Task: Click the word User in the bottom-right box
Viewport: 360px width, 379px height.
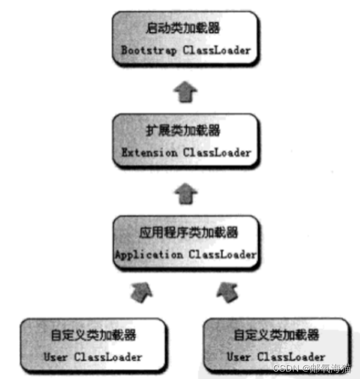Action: coord(239,357)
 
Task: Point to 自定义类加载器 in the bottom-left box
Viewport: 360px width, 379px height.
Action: coord(94,336)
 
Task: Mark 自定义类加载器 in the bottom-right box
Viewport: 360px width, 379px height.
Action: coord(277,336)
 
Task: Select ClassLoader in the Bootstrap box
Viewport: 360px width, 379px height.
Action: coord(217,50)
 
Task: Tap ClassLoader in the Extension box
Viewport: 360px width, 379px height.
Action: coord(217,152)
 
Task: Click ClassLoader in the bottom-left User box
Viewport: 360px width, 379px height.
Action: coord(108,357)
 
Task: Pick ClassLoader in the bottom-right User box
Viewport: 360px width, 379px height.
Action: coord(292,357)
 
